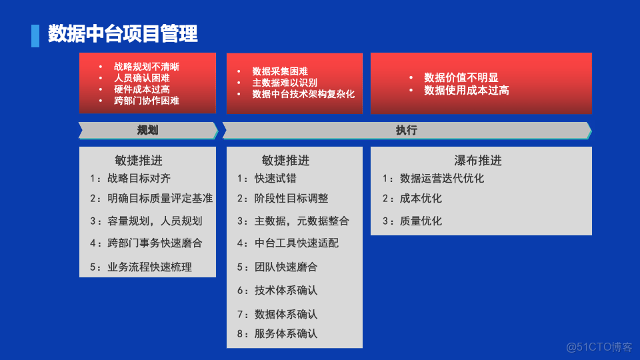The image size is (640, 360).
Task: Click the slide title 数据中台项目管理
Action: (123, 34)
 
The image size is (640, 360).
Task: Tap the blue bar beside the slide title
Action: (35, 35)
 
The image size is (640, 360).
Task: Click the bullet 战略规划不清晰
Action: (146, 67)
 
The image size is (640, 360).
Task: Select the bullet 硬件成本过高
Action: (141, 89)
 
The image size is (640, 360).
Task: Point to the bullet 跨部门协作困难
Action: (146, 101)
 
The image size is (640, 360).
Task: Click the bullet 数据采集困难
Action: (279, 71)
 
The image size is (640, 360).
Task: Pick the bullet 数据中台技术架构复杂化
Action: (303, 94)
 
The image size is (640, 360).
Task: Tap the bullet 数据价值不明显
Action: (461, 78)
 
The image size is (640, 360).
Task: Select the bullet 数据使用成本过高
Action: (466, 90)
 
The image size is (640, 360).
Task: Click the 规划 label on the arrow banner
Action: (147, 130)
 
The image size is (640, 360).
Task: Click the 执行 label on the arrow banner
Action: (406, 130)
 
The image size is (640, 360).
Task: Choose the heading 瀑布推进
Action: (477, 161)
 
